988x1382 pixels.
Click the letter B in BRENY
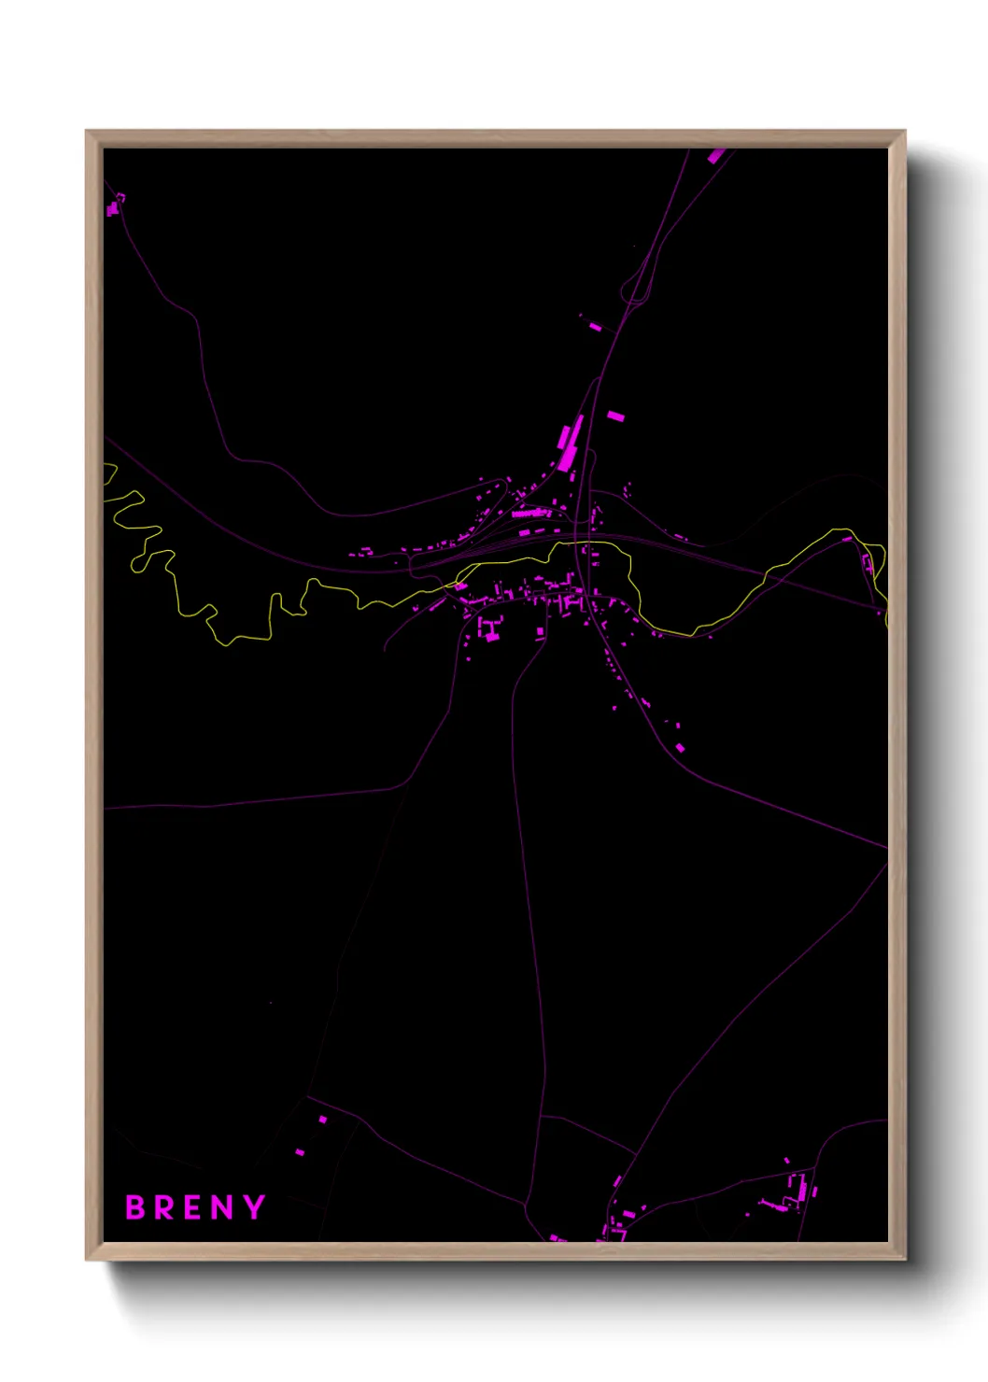(135, 1207)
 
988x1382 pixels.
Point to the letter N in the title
(222, 1207)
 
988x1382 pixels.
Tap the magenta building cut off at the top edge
(717, 155)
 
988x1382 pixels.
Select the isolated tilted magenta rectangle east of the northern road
(614, 416)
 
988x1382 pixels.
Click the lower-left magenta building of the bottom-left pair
(300, 1151)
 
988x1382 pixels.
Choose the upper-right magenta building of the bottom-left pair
(323, 1119)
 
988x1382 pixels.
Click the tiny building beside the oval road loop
(595, 326)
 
